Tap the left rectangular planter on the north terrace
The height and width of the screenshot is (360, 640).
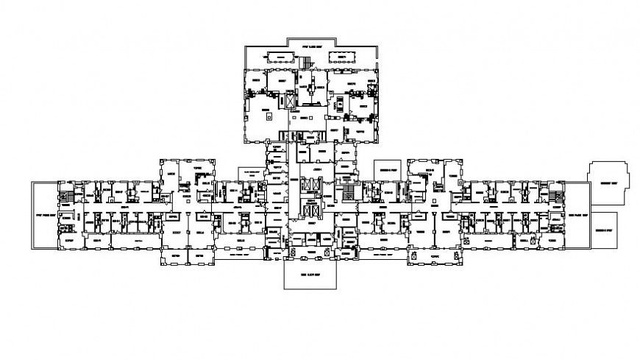[278, 57]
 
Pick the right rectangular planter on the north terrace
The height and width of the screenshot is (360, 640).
[341, 57]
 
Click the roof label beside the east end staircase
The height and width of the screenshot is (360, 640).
[578, 216]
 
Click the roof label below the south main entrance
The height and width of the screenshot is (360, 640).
[310, 275]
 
